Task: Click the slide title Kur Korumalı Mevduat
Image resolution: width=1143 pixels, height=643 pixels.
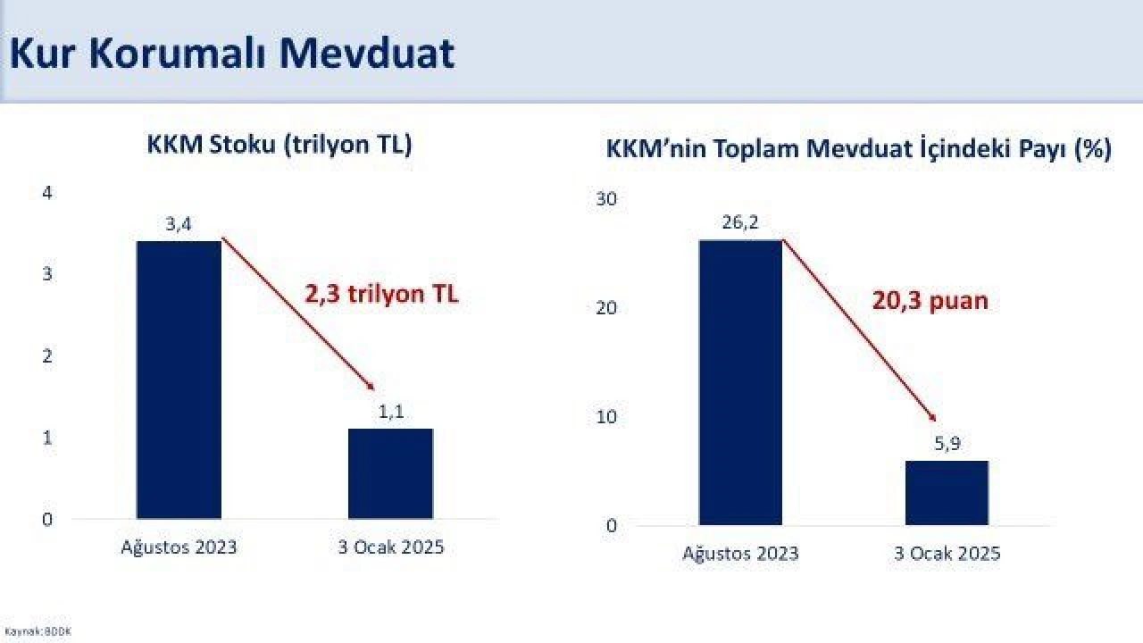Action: click(231, 54)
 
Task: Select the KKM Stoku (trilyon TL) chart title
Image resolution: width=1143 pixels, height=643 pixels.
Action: click(279, 145)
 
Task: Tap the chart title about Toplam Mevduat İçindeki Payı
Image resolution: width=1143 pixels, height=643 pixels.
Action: click(858, 149)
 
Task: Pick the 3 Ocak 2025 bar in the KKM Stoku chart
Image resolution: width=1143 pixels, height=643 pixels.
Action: click(390, 473)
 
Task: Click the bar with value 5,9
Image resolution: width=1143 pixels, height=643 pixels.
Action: click(947, 493)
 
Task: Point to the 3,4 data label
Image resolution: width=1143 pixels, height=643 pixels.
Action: click(179, 224)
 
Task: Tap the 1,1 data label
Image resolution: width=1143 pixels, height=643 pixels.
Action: click(390, 412)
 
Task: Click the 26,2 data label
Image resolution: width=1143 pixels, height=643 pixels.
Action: click(740, 222)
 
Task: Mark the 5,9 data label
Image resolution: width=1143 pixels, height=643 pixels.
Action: click(947, 444)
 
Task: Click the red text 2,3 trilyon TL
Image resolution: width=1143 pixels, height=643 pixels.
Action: click(381, 294)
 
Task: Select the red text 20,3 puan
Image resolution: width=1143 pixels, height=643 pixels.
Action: click(930, 300)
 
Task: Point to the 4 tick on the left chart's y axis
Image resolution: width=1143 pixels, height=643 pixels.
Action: click(47, 192)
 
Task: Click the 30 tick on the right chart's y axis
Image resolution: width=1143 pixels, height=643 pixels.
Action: click(606, 198)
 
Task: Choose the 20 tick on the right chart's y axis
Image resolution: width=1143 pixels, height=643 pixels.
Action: click(606, 308)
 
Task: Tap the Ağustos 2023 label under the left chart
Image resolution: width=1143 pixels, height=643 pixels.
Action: click(179, 547)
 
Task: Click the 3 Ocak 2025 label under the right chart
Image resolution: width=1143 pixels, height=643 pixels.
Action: click(947, 554)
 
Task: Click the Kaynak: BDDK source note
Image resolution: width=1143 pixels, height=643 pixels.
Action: click(38, 631)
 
